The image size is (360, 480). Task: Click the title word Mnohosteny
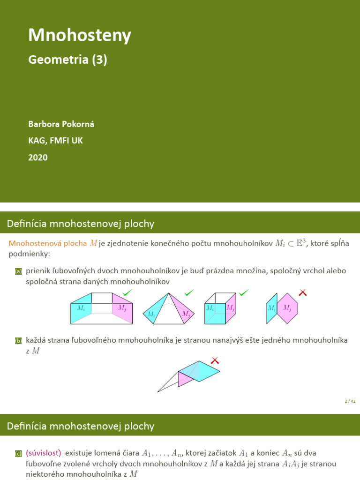click(x=80, y=35)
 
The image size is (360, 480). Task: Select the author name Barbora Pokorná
click(x=64, y=124)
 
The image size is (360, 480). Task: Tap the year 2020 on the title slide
click(x=38, y=157)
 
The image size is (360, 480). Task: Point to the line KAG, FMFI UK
click(x=55, y=141)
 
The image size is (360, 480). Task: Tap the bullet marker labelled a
click(x=18, y=271)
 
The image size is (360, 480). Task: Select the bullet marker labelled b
click(x=18, y=341)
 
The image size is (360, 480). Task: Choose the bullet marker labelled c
click(x=18, y=453)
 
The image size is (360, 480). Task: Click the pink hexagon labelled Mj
click(x=288, y=308)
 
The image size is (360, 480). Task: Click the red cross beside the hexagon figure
click(x=303, y=293)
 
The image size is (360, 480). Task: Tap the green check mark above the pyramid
click(x=189, y=293)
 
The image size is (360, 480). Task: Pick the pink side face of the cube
click(x=231, y=308)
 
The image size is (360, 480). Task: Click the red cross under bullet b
click(x=215, y=360)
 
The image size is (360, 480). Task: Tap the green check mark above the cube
click(x=244, y=293)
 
